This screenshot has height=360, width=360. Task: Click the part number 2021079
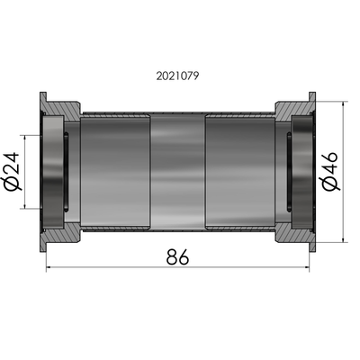coord(180,76)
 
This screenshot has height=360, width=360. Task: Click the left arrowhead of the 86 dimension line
coord(47,268)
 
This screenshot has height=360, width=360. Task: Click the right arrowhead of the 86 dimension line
coord(310,268)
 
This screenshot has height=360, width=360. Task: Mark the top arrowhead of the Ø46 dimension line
coord(346,104)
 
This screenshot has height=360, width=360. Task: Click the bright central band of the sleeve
coord(177,171)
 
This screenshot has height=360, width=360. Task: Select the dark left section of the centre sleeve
coord(115,171)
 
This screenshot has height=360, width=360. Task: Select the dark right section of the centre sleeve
coord(239,171)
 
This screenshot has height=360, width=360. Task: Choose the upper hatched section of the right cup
coord(292,110)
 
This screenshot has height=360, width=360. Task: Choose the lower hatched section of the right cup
coord(292,233)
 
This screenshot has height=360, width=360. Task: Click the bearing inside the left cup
coord(57,171)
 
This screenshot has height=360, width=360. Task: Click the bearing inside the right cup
coord(301,171)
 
